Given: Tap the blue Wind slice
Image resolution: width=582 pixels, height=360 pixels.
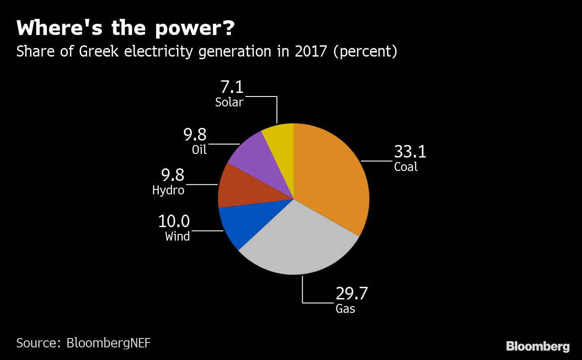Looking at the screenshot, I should (242, 224).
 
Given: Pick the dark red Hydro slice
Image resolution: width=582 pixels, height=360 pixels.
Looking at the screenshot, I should (238, 189).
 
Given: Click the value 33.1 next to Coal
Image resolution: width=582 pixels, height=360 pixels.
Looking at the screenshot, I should (410, 152).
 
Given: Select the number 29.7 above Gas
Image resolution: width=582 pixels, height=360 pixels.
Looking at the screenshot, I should (352, 294).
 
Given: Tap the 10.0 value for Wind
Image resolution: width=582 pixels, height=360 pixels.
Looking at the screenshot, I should (174, 221).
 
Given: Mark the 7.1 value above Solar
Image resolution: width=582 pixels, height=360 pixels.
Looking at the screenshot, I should (232, 87).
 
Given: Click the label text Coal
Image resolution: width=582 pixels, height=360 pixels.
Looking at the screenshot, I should (406, 167).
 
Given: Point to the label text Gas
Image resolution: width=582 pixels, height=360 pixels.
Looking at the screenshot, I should (345, 309).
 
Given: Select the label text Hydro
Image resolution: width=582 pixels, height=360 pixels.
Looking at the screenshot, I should (168, 190).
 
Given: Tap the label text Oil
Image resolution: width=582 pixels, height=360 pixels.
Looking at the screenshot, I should (199, 149).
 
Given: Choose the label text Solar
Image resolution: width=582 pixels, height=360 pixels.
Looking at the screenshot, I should (229, 102).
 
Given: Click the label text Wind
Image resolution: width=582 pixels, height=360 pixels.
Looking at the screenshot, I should (177, 237).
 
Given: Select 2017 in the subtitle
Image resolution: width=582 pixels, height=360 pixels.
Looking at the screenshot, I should (311, 51).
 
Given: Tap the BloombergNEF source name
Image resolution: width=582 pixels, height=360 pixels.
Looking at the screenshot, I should (108, 343).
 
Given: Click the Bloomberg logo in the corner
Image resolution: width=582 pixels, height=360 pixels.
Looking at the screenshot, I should (538, 347).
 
